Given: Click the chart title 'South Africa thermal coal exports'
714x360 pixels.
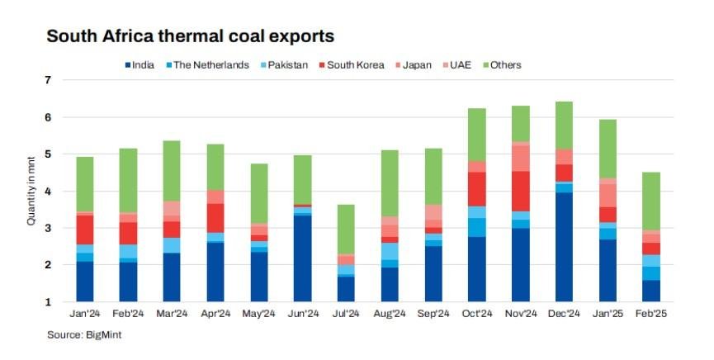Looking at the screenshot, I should (190, 36).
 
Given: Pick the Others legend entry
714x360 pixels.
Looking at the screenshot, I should (505, 65).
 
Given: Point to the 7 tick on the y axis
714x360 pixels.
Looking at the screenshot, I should (48, 80).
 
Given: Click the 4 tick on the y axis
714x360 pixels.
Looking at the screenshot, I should (48, 192).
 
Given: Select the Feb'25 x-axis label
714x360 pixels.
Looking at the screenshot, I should (651, 315).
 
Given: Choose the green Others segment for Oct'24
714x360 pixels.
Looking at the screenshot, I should (478, 135).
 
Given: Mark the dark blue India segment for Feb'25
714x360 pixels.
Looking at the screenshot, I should (651, 291).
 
